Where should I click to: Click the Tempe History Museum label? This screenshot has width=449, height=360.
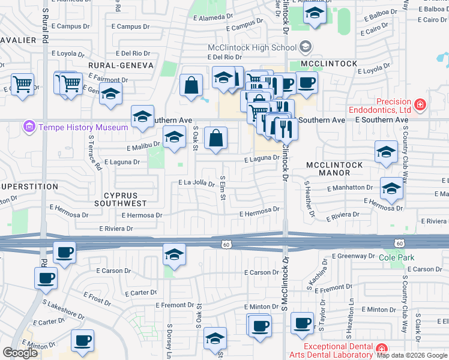click(x=83, y=127)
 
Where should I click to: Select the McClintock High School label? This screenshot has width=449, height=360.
click(x=252, y=47)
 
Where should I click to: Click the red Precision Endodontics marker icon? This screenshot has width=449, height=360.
click(x=420, y=106)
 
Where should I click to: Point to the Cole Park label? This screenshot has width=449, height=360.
click(x=397, y=257)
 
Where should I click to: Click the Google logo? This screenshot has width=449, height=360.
click(x=20, y=353)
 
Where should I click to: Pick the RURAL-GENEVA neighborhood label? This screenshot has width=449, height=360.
click(x=121, y=65)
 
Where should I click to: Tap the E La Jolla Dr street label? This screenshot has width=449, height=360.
click(x=196, y=184)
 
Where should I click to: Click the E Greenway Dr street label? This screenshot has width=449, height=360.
click(x=353, y=256)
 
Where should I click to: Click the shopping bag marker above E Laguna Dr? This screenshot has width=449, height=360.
click(x=215, y=139)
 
